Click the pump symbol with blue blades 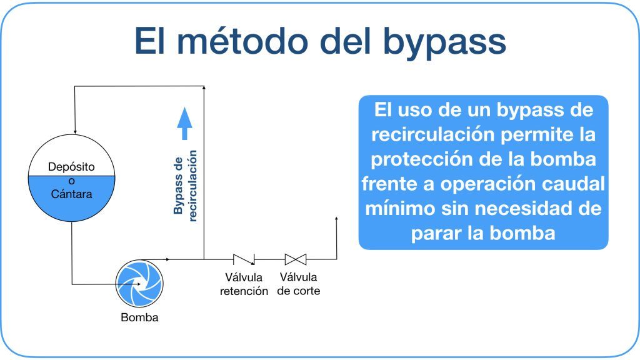[x=139, y=284]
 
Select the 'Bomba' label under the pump [x=139, y=317]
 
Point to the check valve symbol [x=244, y=259]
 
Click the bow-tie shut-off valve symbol [x=296, y=259]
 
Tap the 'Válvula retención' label [x=244, y=284]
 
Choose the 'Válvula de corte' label [x=298, y=284]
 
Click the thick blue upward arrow [x=184, y=123]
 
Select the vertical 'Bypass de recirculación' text [x=185, y=186]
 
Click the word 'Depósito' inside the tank [x=71, y=167]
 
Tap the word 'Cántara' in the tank [x=71, y=194]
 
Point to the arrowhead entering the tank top [x=75, y=131]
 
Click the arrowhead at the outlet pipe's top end [x=336, y=219]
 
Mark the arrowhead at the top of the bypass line [x=204, y=87]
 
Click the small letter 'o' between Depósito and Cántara [x=71, y=181]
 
